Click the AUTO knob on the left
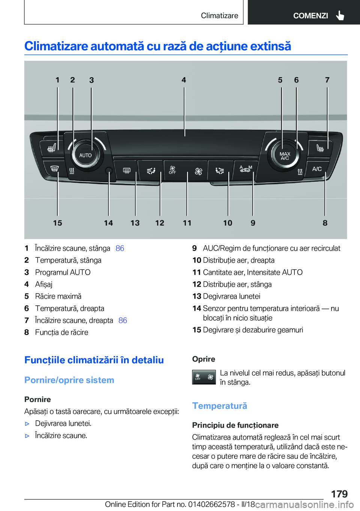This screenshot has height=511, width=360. tap(85, 155)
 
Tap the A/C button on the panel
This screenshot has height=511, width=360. tap(317, 169)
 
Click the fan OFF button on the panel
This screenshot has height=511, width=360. tap(172, 170)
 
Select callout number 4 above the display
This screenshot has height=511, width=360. tap(184, 80)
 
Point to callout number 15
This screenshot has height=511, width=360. tap(57, 223)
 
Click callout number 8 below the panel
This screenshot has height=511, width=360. tap(325, 223)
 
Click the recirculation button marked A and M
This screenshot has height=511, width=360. tap(246, 169)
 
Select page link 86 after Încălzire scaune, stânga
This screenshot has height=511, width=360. tap(120, 248)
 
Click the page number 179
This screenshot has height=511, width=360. tap(339, 494)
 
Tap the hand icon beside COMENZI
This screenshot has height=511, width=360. tap(340, 15)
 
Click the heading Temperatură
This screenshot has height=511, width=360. tap(219, 406)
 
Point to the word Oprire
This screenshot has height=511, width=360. tap(204, 359)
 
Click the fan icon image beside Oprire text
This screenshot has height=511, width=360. tap(204, 377)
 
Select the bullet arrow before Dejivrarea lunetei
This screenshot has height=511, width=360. tap(27, 424)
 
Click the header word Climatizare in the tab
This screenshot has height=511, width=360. tap(219, 15)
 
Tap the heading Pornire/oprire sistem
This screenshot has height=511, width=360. tap(69, 380)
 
